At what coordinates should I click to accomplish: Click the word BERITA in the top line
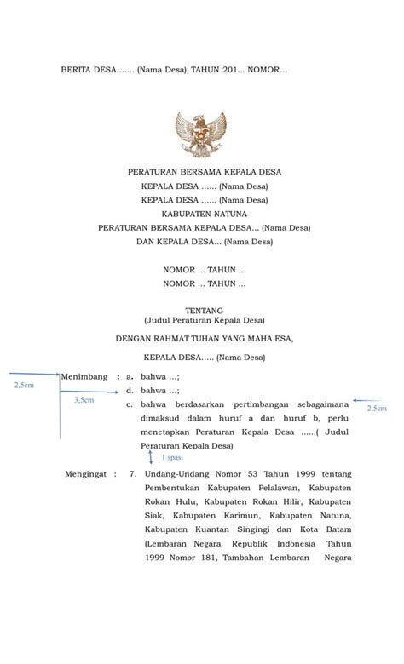77,69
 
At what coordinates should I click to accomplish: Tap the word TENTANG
204,311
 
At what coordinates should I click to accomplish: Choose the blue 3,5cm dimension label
84,399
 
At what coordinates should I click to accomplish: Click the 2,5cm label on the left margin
25,385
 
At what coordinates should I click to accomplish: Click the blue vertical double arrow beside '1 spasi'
151,457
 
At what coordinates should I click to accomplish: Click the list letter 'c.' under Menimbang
130,404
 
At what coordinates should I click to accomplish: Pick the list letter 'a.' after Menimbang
130,375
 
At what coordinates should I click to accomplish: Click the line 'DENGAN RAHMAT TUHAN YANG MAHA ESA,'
204,338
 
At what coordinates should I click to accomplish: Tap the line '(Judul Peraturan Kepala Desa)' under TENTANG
204,321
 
